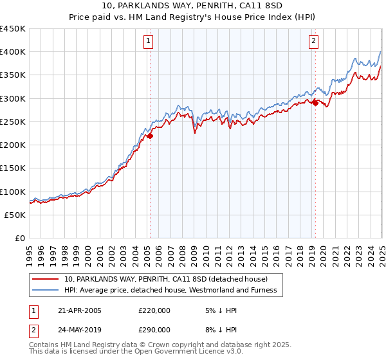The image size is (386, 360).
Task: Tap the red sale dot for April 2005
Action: click(150, 136)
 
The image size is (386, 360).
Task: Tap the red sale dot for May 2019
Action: click(315, 104)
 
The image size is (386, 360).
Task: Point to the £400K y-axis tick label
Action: click(13, 52)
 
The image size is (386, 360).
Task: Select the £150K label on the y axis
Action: click(13, 168)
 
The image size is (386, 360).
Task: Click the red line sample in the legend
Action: click(45, 279)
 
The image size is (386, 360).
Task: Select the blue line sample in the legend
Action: click(45, 291)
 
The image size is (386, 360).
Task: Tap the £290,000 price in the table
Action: click(154, 329)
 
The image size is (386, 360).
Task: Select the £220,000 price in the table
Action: click(154, 310)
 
